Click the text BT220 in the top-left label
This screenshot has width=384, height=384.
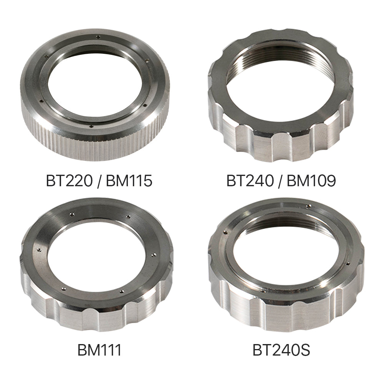pos(69,181)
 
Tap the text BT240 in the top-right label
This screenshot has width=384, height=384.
pos(250,181)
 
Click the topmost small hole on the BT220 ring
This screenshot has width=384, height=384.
pos(98,37)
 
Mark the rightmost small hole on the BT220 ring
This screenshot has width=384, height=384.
pos(147,60)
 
